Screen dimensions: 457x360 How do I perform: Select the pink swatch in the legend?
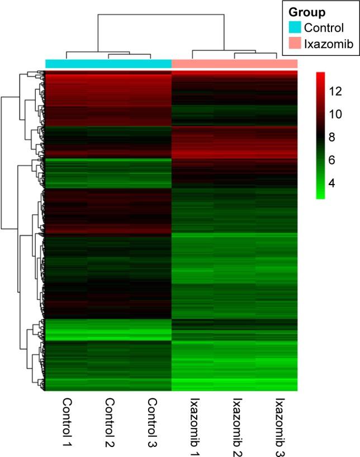pyautogui.click(x=295, y=44)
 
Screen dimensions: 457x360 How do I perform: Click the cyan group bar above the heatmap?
pyautogui.click(x=108, y=64)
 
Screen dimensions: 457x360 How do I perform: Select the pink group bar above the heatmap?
pyautogui.click(x=234, y=64)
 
